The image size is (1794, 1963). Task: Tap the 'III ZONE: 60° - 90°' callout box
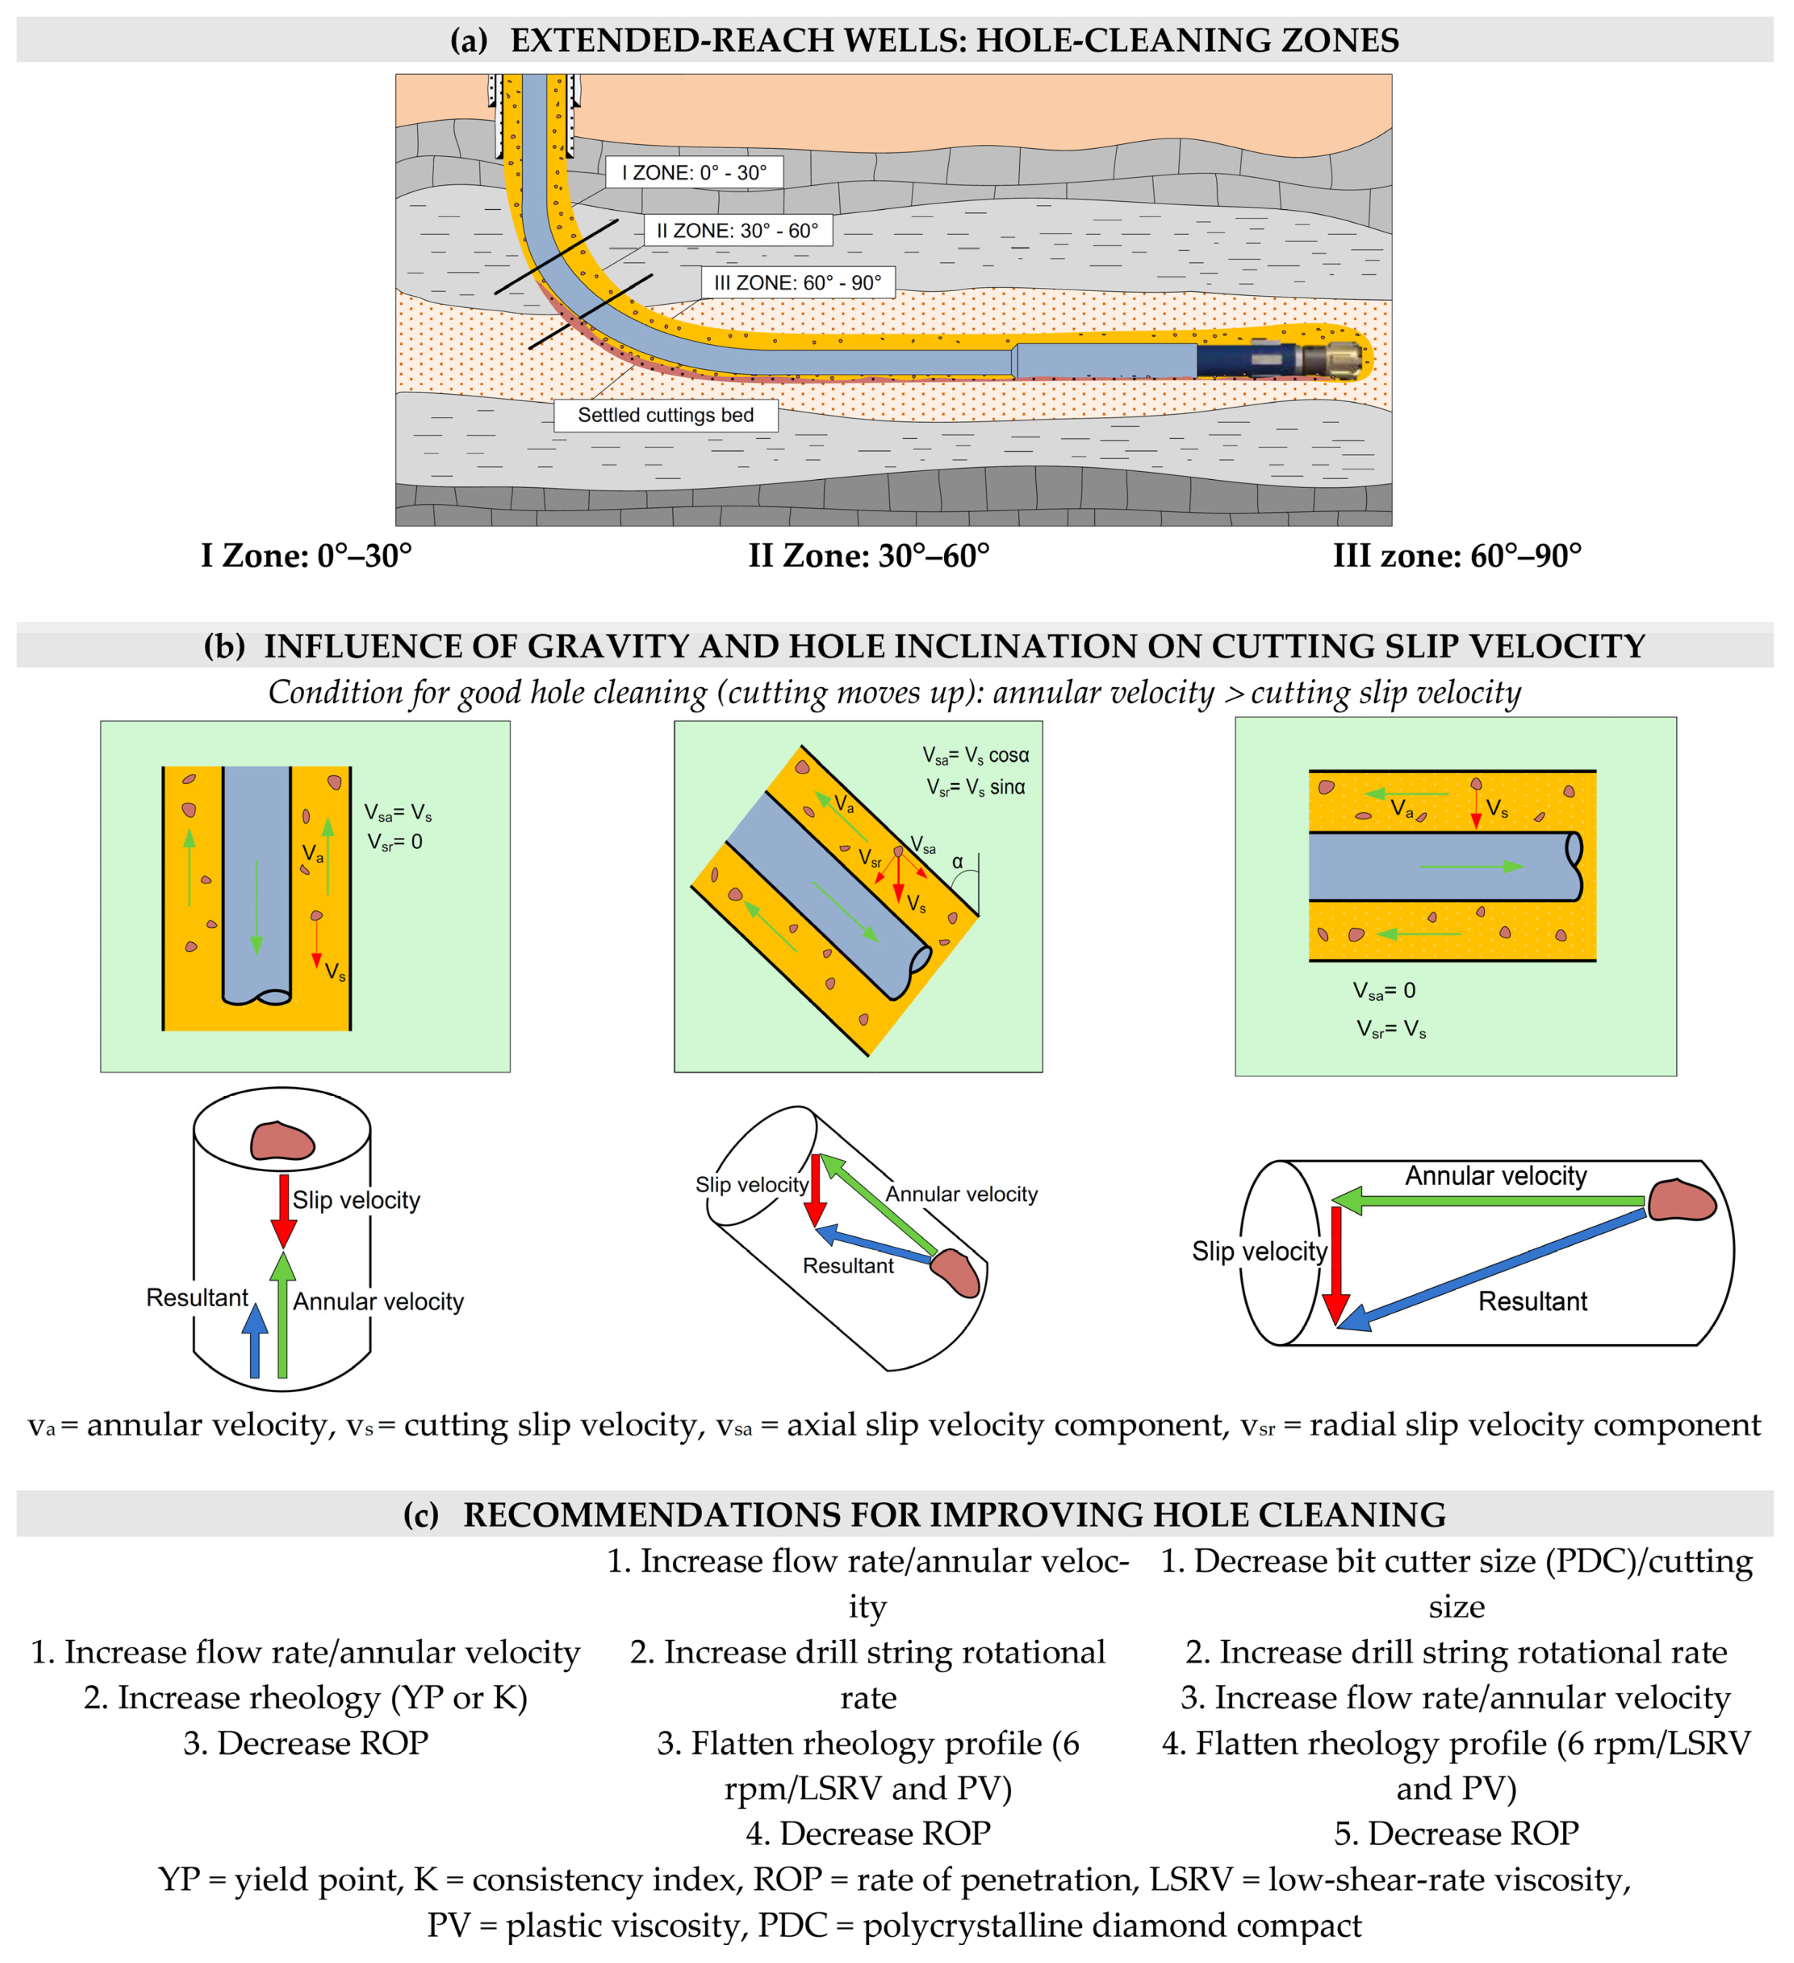click(797, 283)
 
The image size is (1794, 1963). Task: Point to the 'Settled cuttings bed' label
click(666, 415)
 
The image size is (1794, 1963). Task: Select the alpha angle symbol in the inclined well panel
click(957, 862)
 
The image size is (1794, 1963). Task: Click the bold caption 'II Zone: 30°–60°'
click(868, 556)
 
